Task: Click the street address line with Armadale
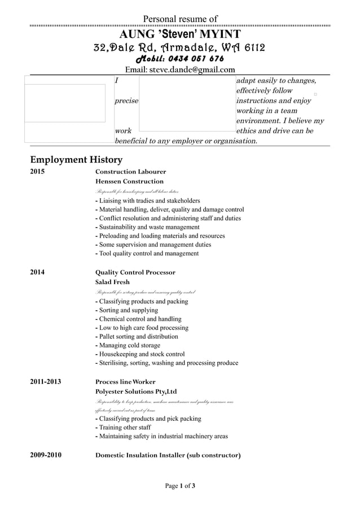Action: click(x=179, y=47)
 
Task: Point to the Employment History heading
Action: click(x=76, y=160)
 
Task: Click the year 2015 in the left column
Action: click(x=37, y=172)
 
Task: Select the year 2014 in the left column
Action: click(x=37, y=272)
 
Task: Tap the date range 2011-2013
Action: click(x=45, y=382)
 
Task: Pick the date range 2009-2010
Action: click(x=45, y=455)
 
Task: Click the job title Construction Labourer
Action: click(x=130, y=172)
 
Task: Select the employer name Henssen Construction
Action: click(x=129, y=182)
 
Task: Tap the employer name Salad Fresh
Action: click(x=112, y=282)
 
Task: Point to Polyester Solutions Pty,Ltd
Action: click(x=136, y=391)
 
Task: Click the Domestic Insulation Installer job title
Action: click(x=168, y=455)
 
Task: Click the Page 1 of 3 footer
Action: click(x=180, y=486)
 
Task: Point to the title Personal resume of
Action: click(x=180, y=19)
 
